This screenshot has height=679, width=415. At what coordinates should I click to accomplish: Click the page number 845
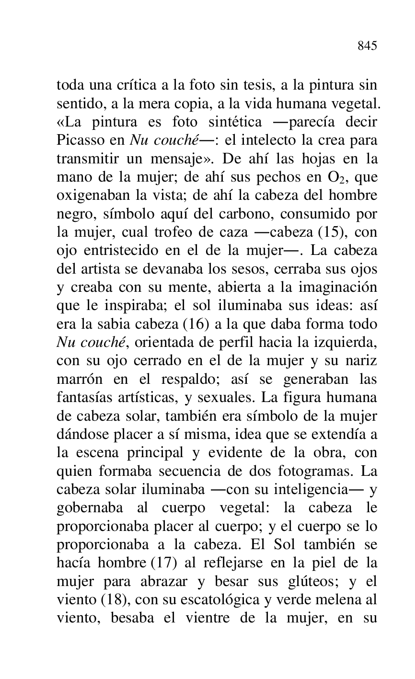tap(367, 46)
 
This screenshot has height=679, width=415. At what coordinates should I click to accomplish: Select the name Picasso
tap(77, 140)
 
